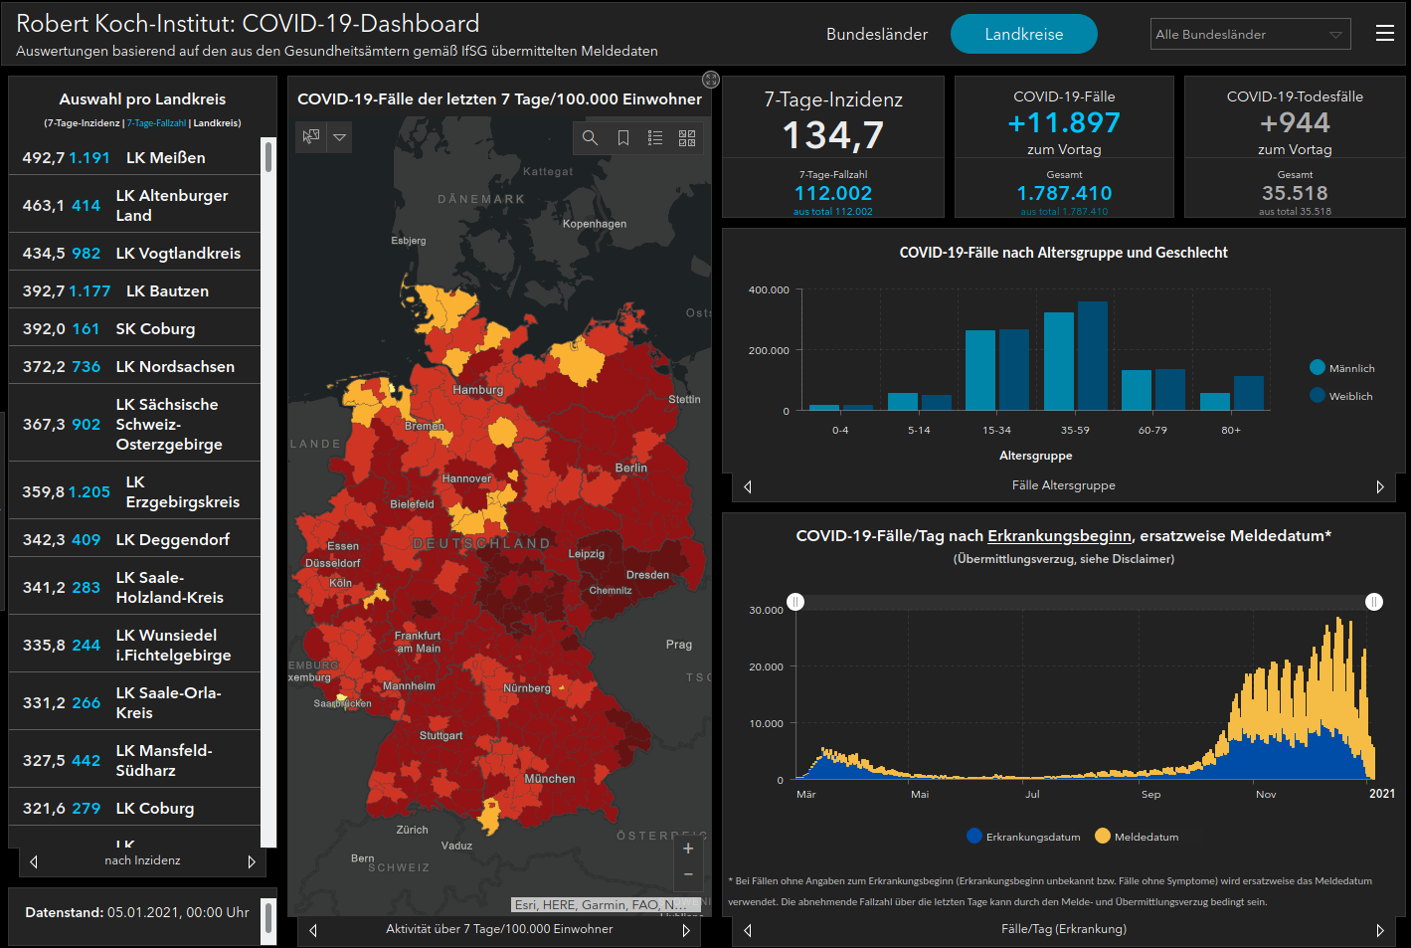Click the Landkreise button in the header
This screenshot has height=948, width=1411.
point(1023,34)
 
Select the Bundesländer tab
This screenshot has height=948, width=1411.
point(876,34)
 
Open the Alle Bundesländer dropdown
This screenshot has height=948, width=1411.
point(1250,34)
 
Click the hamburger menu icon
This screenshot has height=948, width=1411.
point(1384,34)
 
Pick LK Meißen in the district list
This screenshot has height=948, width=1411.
point(165,157)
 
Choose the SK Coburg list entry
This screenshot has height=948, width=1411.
point(155,328)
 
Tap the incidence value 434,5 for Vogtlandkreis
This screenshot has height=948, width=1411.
point(44,253)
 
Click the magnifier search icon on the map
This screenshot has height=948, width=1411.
point(590,137)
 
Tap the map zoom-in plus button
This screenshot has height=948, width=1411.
point(688,849)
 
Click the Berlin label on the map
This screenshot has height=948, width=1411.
point(630,468)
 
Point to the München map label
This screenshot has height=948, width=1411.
point(549,779)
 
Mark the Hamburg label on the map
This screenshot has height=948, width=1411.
point(477,390)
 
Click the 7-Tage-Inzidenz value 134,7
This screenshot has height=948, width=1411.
point(832,134)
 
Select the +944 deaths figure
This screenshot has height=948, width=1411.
point(1295,122)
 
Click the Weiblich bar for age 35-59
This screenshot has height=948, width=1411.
point(1092,356)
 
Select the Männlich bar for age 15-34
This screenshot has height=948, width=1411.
point(979,370)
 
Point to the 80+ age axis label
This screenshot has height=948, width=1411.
point(1231,430)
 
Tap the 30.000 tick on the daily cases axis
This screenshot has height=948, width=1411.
point(766,610)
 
